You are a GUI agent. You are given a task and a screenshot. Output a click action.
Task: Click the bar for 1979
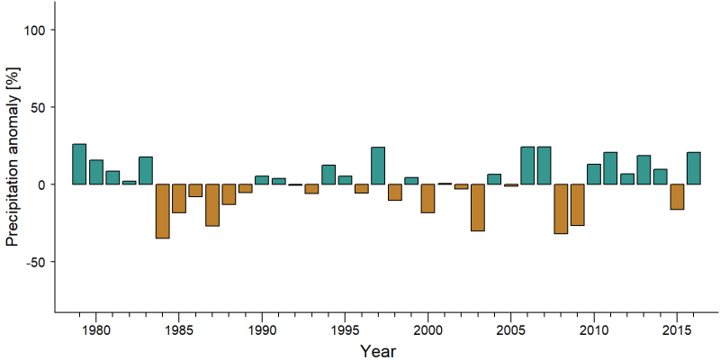click(x=79, y=164)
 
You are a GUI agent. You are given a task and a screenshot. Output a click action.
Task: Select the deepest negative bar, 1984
click(x=163, y=211)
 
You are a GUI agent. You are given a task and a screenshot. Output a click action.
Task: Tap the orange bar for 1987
click(x=212, y=205)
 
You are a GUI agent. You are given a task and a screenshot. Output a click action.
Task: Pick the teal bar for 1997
click(x=378, y=166)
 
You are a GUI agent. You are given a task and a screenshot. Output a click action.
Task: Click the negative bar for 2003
click(x=478, y=208)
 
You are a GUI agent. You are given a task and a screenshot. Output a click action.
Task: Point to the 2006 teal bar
click(x=527, y=166)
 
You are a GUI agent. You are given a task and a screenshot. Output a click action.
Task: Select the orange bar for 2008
click(x=561, y=209)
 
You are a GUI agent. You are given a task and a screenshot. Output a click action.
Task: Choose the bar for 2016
click(x=693, y=168)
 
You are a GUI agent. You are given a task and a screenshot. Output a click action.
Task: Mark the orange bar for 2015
click(x=677, y=196)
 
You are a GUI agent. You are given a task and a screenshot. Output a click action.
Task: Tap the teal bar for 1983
click(x=146, y=170)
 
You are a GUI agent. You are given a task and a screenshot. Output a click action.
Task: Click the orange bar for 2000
click(x=428, y=198)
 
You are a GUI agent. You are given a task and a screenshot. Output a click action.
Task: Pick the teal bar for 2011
click(x=610, y=168)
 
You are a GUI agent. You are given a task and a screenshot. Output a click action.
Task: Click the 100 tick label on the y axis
click(x=34, y=30)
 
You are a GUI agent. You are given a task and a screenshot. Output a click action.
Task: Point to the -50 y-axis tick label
click(x=34, y=262)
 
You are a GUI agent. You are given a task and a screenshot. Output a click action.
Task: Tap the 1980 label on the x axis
click(x=96, y=330)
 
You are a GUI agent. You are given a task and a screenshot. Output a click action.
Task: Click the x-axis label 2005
click(x=510, y=330)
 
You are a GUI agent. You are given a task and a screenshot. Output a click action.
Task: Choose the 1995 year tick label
click(x=345, y=330)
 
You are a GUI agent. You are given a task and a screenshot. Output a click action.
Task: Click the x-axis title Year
click(x=378, y=351)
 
